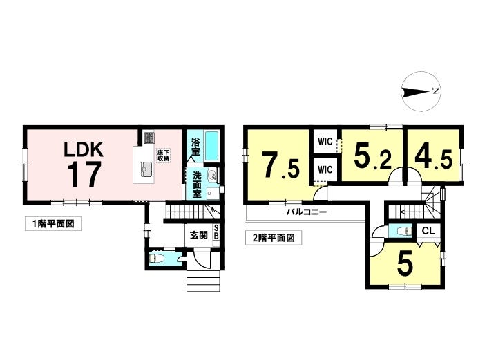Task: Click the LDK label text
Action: (83, 150)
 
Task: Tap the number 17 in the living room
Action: (84, 175)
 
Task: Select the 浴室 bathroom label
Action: (195, 147)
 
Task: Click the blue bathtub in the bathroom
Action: (212, 146)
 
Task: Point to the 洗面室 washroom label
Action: (197, 185)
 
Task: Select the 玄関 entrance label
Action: (199, 235)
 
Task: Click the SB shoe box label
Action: (216, 232)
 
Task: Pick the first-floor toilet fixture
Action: (156, 258)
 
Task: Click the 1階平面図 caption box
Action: (53, 224)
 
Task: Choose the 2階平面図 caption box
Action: (274, 238)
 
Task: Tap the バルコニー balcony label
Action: (306, 212)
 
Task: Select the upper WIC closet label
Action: (325, 142)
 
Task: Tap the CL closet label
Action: (428, 231)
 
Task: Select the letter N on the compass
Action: (437, 91)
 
